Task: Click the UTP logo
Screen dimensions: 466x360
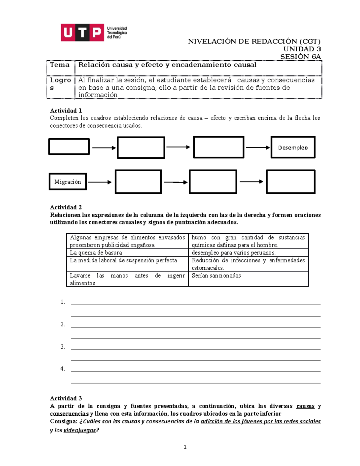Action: click(94, 32)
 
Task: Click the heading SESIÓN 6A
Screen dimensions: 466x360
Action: click(300, 56)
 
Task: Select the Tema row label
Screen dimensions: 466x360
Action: click(60, 65)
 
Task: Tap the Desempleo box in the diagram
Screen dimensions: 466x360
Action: click(293, 147)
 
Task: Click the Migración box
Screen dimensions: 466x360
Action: click(67, 182)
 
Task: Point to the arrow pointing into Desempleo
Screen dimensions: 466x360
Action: click(258, 147)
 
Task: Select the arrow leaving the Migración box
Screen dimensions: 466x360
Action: click(100, 182)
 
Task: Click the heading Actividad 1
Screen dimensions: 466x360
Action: click(66, 110)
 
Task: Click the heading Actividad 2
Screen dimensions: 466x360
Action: click(66, 207)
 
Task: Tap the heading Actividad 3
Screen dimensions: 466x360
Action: click(66, 398)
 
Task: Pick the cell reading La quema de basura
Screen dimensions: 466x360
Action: click(96, 253)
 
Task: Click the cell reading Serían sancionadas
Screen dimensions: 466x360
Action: click(216, 275)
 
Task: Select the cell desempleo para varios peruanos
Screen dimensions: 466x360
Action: click(234, 253)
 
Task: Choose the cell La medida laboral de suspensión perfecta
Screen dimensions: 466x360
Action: click(124, 260)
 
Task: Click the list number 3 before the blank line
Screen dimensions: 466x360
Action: click(62, 347)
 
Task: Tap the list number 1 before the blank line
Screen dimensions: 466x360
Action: click(62, 302)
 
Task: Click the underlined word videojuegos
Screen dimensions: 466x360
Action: click(79, 430)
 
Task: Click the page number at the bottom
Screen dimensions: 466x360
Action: click(185, 447)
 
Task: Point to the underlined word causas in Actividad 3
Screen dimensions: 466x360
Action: click(305, 406)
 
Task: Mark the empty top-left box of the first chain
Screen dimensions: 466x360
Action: click(69, 146)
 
